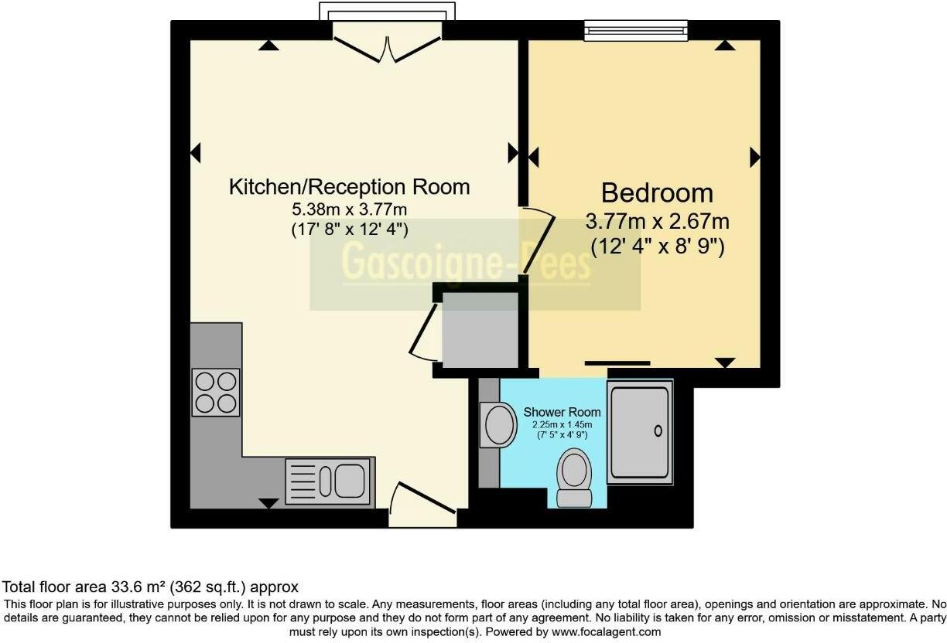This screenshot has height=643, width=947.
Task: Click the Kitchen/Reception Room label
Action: click(x=349, y=187)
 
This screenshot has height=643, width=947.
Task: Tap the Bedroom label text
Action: click(x=657, y=192)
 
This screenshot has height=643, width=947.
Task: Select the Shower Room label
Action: click(x=562, y=412)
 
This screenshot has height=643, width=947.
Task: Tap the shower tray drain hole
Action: click(x=658, y=430)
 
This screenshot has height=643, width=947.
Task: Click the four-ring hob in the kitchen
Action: click(x=216, y=393)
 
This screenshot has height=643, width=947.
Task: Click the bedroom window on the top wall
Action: click(x=634, y=30)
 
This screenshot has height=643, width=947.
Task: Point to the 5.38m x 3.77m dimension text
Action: click(x=349, y=209)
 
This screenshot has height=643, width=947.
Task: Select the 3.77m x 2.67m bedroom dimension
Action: click(x=657, y=222)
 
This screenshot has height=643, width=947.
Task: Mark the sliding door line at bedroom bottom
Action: click(x=617, y=362)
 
